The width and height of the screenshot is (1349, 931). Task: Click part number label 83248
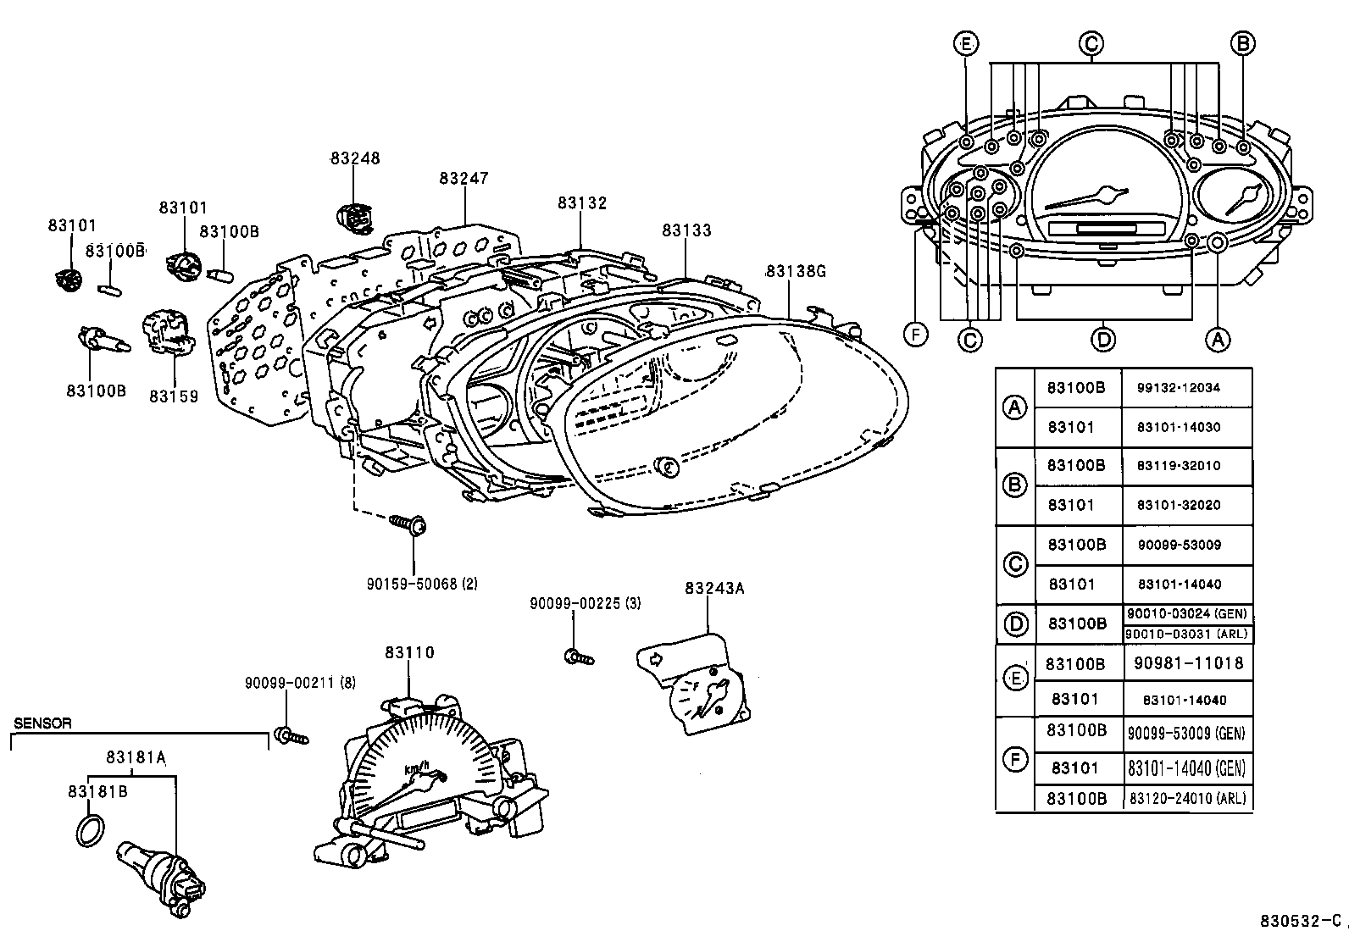(355, 158)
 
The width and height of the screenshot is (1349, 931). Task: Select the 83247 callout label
(464, 178)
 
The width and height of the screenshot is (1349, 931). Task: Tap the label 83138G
(795, 271)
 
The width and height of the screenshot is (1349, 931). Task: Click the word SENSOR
(43, 723)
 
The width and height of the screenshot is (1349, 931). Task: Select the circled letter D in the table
(1015, 624)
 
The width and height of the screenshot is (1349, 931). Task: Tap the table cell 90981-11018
(1188, 663)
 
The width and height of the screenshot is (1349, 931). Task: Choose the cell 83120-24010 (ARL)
(1188, 798)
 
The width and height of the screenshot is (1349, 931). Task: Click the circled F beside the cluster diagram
(915, 334)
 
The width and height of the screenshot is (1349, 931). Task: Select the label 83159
(174, 396)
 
